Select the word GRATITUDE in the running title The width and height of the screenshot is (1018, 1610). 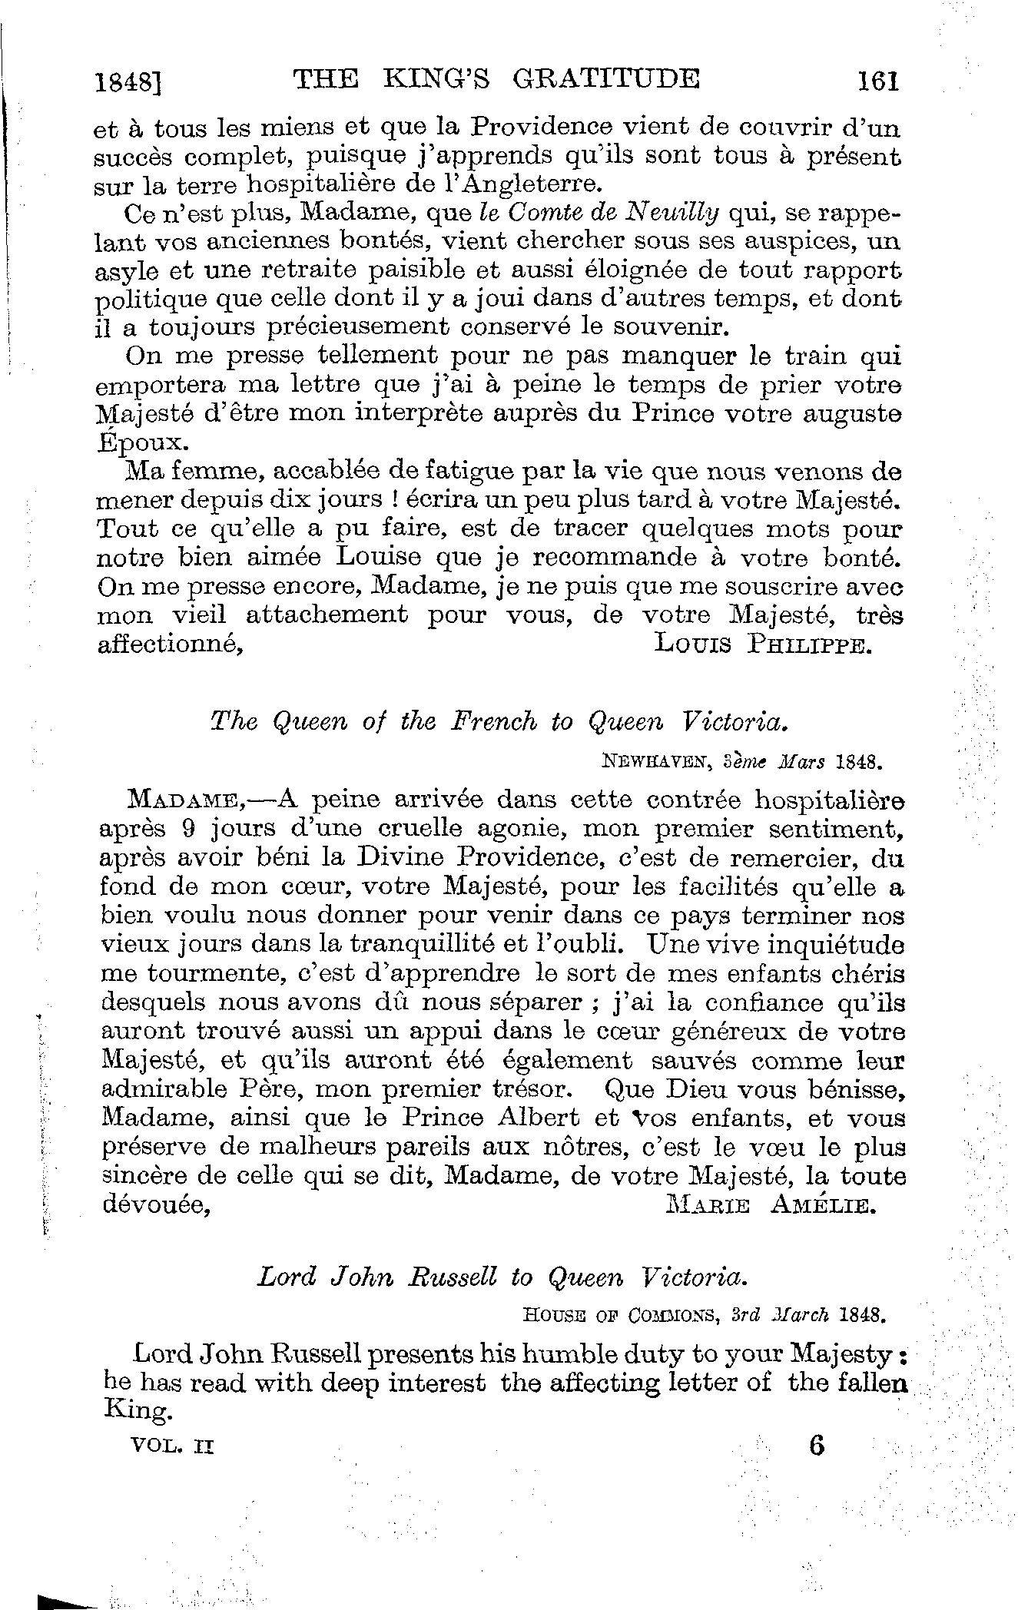608,79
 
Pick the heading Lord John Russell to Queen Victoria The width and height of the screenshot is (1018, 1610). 501,1277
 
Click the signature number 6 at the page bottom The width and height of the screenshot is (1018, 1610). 816,1446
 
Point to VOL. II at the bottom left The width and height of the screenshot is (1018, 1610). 173,1446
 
